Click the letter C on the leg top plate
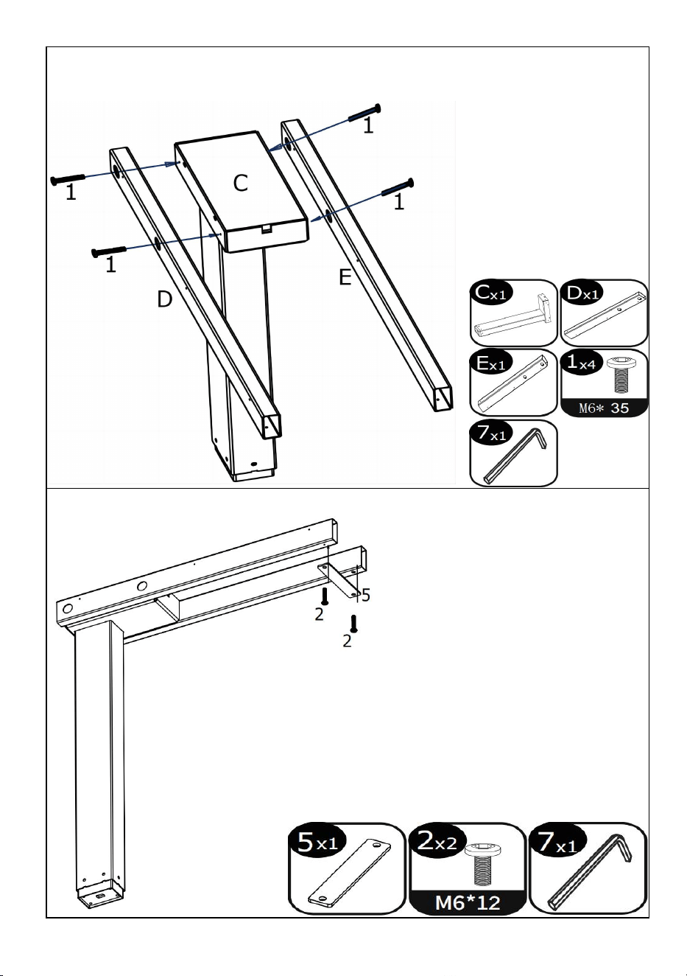click(x=240, y=183)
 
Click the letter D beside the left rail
click(x=164, y=299)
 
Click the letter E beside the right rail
click(x=345, y=277)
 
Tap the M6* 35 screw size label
click(x=604, y=408)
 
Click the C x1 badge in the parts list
click(x=490, y=293)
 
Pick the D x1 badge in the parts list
click(x=582, y=293)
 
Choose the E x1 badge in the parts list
click(x=490, y=363)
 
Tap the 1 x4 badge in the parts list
click(x=582, y=363)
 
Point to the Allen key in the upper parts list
click(x=516, y=456)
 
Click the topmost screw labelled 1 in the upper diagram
click(x=364, y=113)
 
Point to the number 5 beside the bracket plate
click(x=366, y=595)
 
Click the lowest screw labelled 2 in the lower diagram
click(x=353, y=624)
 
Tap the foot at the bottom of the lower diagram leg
click(x=99, y=893)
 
